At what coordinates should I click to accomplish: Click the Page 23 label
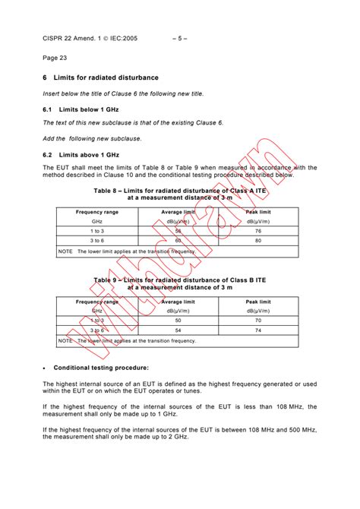click(55, 58)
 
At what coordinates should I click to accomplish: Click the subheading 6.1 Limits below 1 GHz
click(82, 109)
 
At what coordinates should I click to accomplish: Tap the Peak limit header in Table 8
click(258, 212)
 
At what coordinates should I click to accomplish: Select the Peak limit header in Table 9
click(258, 302)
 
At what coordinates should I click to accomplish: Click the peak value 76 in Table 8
click(258, 230)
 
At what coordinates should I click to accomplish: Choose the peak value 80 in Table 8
click(258, 240)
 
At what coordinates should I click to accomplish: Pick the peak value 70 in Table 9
click(258, 321)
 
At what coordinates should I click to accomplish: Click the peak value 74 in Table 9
click(258, 330)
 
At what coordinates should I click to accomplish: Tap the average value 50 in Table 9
click(178, 321)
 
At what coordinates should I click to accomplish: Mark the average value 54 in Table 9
click(178, 330)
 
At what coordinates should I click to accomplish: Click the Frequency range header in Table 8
click(97, 212)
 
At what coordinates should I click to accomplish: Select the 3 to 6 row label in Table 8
click(97, 240)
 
